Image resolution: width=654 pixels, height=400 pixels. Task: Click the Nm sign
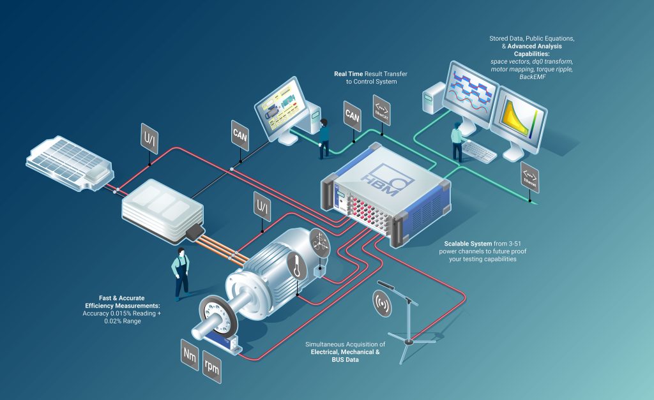click(x=190, y=355)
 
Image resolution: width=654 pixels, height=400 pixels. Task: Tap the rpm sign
click(x=211, y=368)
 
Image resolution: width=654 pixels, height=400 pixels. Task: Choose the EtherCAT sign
click(x=381, y=106)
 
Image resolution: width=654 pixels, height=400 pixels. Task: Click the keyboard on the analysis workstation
click(x=479, y=151)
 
